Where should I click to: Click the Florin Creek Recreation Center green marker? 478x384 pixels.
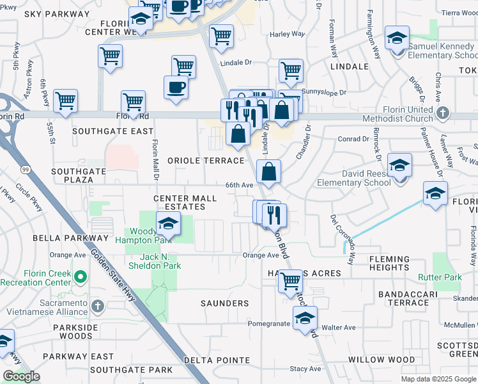pos(81,278)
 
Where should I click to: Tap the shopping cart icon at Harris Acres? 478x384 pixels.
pos(291,280)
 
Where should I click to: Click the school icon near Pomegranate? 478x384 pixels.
pos(305,318)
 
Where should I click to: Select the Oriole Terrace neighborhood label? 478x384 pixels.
pos(206,161)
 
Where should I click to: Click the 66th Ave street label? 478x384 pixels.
pos(240,185)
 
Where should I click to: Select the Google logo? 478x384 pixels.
pos(21,376)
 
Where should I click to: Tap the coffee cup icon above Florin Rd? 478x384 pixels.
pos(176,88)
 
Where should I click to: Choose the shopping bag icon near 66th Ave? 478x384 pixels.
pos(269,172)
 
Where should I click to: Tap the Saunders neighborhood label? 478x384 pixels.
pos(224,303)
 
